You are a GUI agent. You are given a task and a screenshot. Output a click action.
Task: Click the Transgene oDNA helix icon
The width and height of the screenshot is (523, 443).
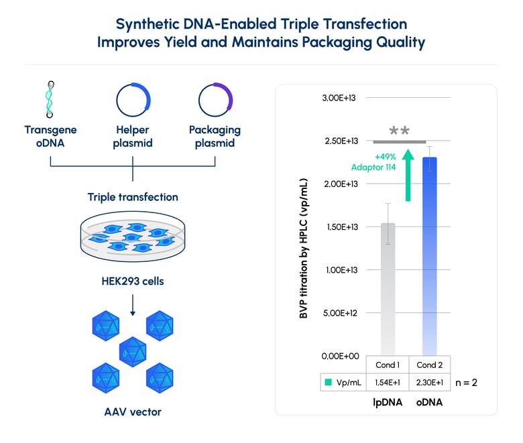pos(50,99)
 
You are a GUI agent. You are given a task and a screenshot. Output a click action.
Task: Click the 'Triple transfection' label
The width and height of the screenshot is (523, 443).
pos(133,197)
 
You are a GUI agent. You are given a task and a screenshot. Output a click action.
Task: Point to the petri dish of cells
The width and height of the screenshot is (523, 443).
pos(133,237)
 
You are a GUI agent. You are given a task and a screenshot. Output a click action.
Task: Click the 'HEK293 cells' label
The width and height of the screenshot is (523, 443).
pos(133,281)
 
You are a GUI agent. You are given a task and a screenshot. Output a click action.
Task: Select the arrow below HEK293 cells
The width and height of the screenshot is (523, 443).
pos(133,305)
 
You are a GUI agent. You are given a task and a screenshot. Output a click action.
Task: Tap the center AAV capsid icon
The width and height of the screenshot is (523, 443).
pos(133,352)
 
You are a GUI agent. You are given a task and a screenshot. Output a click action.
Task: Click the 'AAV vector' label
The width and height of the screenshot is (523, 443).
pos(133,412)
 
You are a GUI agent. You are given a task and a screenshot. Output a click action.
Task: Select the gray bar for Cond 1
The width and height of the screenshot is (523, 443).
pos(388,289)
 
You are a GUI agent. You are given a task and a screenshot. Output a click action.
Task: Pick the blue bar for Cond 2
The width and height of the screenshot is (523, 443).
pos(430,256)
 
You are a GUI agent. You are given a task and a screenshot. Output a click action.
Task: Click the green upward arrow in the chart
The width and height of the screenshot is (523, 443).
pos(408,176)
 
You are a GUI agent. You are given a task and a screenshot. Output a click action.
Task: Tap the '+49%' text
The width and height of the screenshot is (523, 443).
pos(386,157)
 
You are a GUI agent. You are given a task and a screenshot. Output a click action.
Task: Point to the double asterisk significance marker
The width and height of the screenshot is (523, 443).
pos(399,130)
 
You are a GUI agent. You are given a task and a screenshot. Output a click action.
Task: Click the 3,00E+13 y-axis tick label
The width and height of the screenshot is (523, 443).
pos(339,98)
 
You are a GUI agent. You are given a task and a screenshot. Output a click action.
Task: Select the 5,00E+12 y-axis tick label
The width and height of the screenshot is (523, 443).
pos(340,314)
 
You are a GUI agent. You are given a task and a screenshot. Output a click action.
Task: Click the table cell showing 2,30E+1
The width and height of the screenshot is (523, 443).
pos(430,382)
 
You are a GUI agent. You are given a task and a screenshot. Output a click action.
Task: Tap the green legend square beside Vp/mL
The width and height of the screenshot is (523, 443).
pos(328,382)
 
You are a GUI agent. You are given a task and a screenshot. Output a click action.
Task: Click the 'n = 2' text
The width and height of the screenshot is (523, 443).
pos(466,383)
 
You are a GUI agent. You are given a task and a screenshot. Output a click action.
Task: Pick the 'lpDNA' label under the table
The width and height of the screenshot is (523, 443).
pos(388,402)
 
